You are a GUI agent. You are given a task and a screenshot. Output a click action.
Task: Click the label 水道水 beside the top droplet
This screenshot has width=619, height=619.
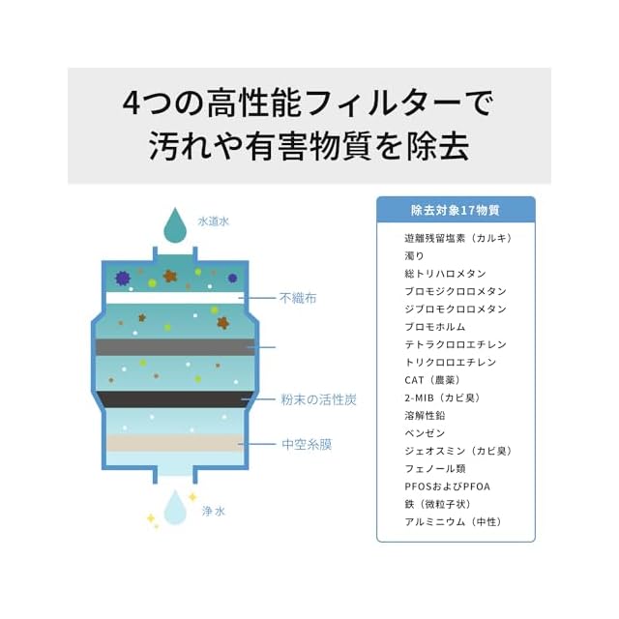click(x=213, y=221)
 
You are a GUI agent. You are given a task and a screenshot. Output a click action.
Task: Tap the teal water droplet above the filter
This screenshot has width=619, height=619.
click(x=175, y=226)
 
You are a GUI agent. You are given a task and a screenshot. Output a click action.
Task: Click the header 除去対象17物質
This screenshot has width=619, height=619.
click(x=455, y=210)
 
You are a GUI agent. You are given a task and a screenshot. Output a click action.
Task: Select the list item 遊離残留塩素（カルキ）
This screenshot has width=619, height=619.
click(x=457, y=238)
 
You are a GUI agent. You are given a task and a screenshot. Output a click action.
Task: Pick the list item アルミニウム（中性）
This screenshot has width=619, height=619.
click(x=454, y=522)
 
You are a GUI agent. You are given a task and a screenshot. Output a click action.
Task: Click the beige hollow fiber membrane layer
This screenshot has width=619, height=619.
click(x=174, y=442)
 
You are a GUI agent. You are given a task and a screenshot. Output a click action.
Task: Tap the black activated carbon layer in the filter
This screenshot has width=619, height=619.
click(x=174, y=398)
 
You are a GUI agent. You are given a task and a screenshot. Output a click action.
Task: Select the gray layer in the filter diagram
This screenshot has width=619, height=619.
click(x=174, y=346)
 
